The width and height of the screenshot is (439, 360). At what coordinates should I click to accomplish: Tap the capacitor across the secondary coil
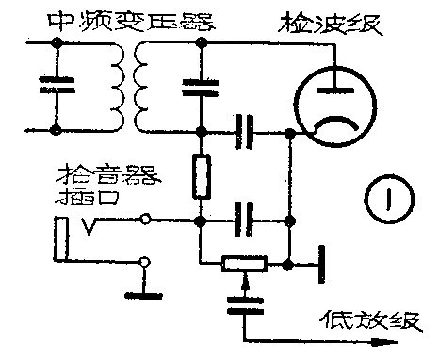point(200,87)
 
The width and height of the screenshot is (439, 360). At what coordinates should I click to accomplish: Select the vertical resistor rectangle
point(200,176)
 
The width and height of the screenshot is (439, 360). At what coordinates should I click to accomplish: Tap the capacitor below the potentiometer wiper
point(244,303)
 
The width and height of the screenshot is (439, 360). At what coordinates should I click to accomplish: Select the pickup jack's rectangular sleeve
point(62,241)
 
